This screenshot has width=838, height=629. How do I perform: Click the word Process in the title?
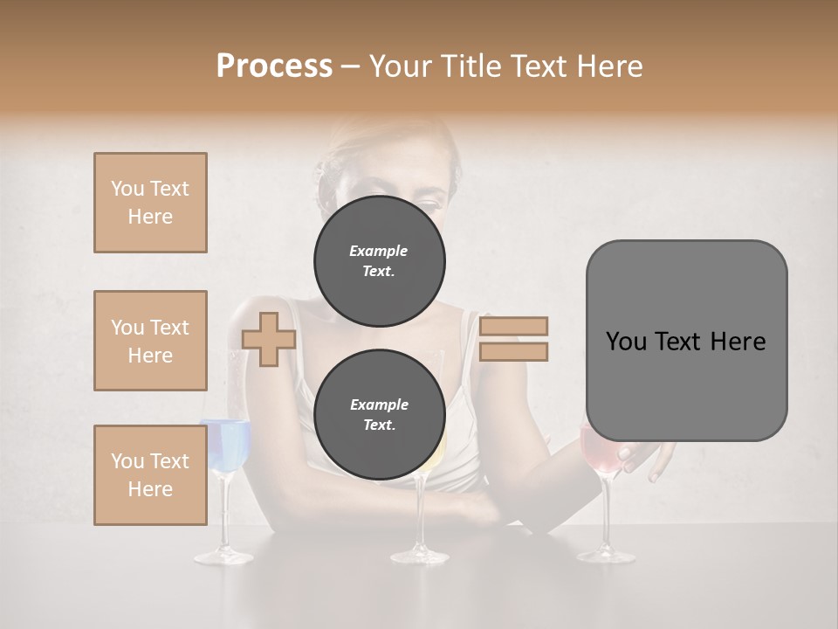pyautogui.click(x=274, y=66)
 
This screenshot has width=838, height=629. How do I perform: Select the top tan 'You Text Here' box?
pyautogui.click(x=150, y=203)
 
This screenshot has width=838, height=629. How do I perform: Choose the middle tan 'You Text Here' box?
pyautogui.click(x=150, y=341)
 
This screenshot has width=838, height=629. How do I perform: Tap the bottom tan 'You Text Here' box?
pyautogui.click(x=150, y=475)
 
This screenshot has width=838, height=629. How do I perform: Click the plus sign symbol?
pyautogui.click(x=269, y=339)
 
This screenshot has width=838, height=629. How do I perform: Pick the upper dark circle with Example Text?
pyautogui.click(x=379, y=260)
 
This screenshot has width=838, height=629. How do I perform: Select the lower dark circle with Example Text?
pyautogui.click(x=379, y=414)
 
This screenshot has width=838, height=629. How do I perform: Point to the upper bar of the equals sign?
pyautogui.click(x=513, y=326)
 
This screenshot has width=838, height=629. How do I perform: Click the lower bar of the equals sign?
pyautogui.click(x=513, y=351)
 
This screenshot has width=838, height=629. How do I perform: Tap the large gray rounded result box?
pyautogui.click(x=686, y=341)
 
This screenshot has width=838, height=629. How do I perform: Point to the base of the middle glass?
pyautogui.click(x=419, y=556)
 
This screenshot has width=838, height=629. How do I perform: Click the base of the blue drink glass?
pyautogui.click(x=223, y=556)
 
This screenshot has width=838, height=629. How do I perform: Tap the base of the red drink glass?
pyautogui.click(x=606, y=556)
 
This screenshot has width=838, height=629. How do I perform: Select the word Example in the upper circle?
pyautogui.click(x=379, y=251)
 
